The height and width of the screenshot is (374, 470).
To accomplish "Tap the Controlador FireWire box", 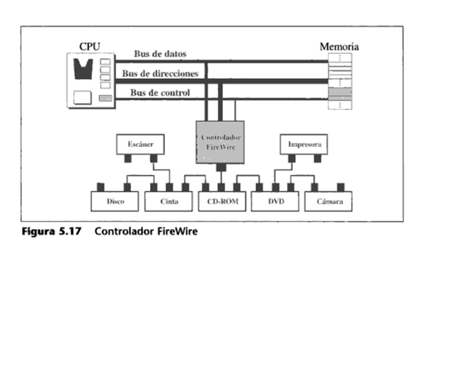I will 220,142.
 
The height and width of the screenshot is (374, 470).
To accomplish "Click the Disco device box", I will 115,201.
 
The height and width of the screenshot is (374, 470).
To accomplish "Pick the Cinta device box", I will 169,201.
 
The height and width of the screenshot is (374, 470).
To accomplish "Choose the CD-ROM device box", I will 222,201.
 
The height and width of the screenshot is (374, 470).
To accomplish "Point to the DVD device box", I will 276,201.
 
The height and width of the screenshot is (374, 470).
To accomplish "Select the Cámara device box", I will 329,201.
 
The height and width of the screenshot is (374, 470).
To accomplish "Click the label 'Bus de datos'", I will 160,53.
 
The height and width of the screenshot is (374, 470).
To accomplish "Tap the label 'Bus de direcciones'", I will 160,73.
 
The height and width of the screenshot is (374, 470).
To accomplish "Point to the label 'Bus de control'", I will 160,92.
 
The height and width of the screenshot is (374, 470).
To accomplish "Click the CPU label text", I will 89,46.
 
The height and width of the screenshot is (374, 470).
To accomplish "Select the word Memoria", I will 338,47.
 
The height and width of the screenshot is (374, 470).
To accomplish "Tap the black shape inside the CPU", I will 83,69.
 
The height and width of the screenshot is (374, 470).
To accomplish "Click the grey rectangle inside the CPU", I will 105,98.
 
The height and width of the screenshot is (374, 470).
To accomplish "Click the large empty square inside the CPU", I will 83,98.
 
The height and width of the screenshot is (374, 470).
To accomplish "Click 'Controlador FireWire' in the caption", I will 146,232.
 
